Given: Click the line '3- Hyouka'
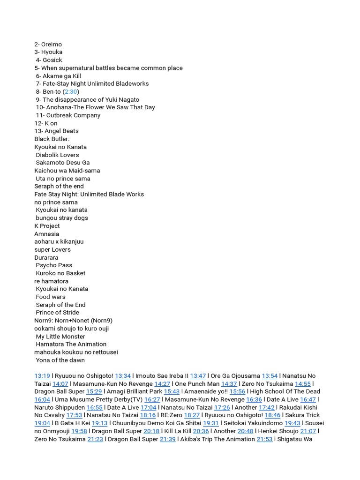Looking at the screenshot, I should (48, 52).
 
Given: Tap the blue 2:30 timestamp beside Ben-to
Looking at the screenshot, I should (71, 91).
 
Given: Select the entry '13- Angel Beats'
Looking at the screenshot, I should (56, 131).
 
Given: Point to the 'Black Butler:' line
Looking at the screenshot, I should (52, 139).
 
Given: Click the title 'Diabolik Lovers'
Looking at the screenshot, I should (58, 155).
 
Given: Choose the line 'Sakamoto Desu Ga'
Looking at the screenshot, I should (63, 163).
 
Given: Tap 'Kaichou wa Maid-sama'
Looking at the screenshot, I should (67, 171).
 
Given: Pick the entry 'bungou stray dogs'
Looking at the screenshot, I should (62, 218).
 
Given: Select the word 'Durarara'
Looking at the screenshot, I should (46, 257).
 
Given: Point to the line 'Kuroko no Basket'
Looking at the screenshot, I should (61, 273).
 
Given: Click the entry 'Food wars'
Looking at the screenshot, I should (51, 297).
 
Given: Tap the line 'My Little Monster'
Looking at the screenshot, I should (60, 337).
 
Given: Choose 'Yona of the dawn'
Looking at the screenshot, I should (60, 360).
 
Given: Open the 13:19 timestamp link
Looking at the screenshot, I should (42, 376).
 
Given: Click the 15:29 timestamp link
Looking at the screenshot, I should (94, 391).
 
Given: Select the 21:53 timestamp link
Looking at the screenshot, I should (264, 439).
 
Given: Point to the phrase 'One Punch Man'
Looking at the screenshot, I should (197, 384).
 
